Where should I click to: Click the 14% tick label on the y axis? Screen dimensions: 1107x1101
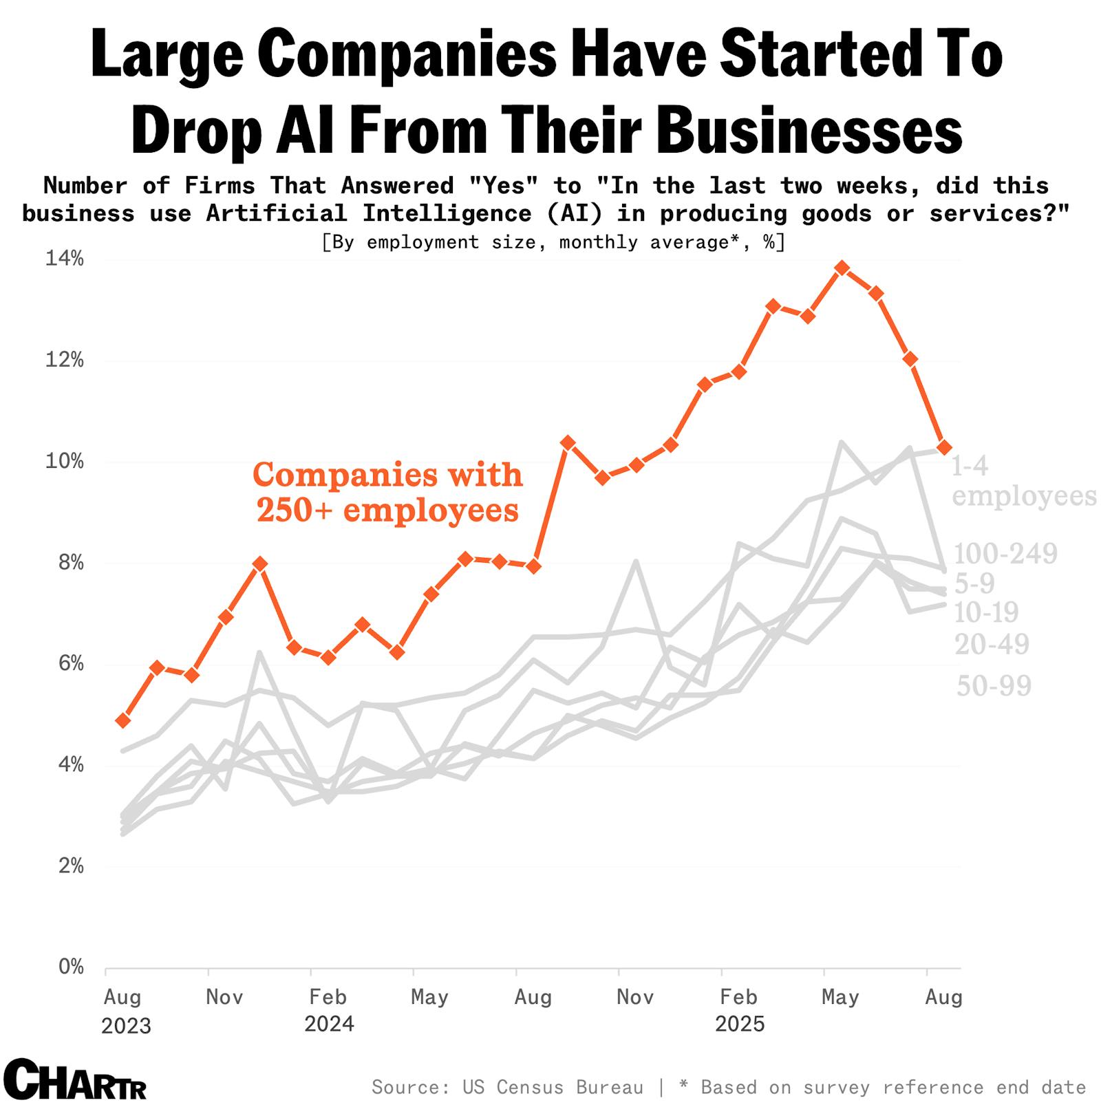[x=64, y=259]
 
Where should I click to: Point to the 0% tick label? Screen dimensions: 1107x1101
[x=70, y=967]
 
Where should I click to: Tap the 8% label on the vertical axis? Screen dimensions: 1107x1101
[x=69, y=563]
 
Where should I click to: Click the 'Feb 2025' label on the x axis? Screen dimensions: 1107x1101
[x=739, y=1010]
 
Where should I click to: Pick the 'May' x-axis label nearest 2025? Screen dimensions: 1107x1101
[x=840, y=997]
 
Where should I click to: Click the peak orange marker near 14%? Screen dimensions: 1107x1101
[x=842, y=268]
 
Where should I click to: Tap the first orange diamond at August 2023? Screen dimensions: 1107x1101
[x=123, y=720]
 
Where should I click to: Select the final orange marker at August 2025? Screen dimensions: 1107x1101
[x=944, y=447]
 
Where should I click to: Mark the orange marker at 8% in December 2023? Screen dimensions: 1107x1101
[x=259, y=563]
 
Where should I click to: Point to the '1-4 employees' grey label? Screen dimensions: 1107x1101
[x=1023, y=481]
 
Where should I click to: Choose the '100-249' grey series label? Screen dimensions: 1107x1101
[x=1005, y=553]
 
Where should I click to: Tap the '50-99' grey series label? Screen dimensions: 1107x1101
[x=994, y=685]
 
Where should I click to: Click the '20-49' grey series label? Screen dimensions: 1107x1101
[x=992, y=645]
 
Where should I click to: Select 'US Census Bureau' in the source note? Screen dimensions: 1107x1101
[x=553, y=1087]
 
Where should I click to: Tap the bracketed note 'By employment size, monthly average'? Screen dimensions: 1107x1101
[x=553, y=242]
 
